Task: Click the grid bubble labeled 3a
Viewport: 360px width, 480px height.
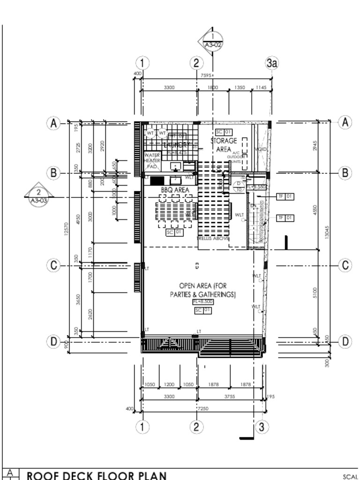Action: pos(272,63)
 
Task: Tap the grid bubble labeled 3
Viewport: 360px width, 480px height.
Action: pos(262,427)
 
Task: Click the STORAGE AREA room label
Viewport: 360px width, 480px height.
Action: pos(224,144)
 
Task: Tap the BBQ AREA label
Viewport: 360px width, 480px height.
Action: pos(175,190)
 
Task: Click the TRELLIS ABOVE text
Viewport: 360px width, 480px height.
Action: pos(213,239)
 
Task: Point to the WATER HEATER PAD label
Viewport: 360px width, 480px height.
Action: pos(152,160)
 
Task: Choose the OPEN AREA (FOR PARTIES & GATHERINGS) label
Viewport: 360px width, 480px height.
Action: pos(203,290)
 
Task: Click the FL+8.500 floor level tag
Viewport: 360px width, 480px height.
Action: pos(203,302)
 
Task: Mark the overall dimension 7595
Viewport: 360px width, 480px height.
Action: pos(206,75)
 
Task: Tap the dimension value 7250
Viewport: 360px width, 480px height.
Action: pos(202,408)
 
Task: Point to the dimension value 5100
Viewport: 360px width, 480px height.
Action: pos(315,293)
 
